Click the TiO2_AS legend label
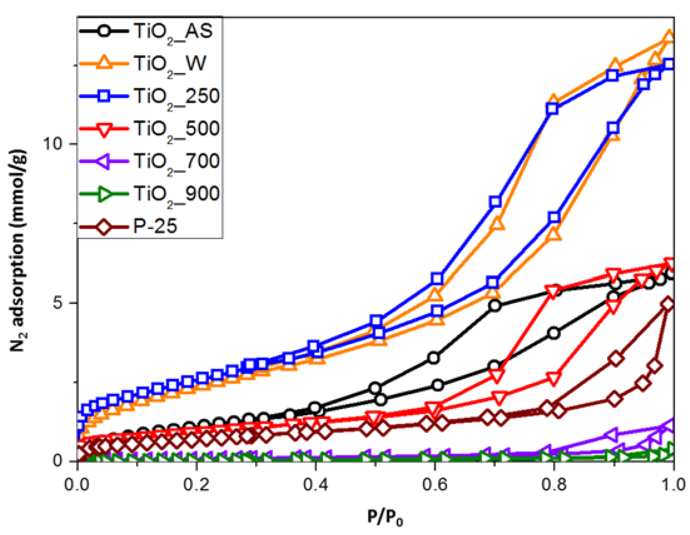(173, 32)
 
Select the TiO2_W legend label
(170, 64)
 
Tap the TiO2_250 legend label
(176, 96)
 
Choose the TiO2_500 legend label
(176, 129)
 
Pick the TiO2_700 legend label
(176, 161)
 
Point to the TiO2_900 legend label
(176, 194)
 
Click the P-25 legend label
(155, 226)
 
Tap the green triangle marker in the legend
(104, 194)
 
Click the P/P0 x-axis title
(385, 517)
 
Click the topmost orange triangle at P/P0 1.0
(669, 37)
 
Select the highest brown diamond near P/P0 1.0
(668, 304)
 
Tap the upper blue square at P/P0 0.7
(495, 202)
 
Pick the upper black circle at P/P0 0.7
(495, 305)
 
